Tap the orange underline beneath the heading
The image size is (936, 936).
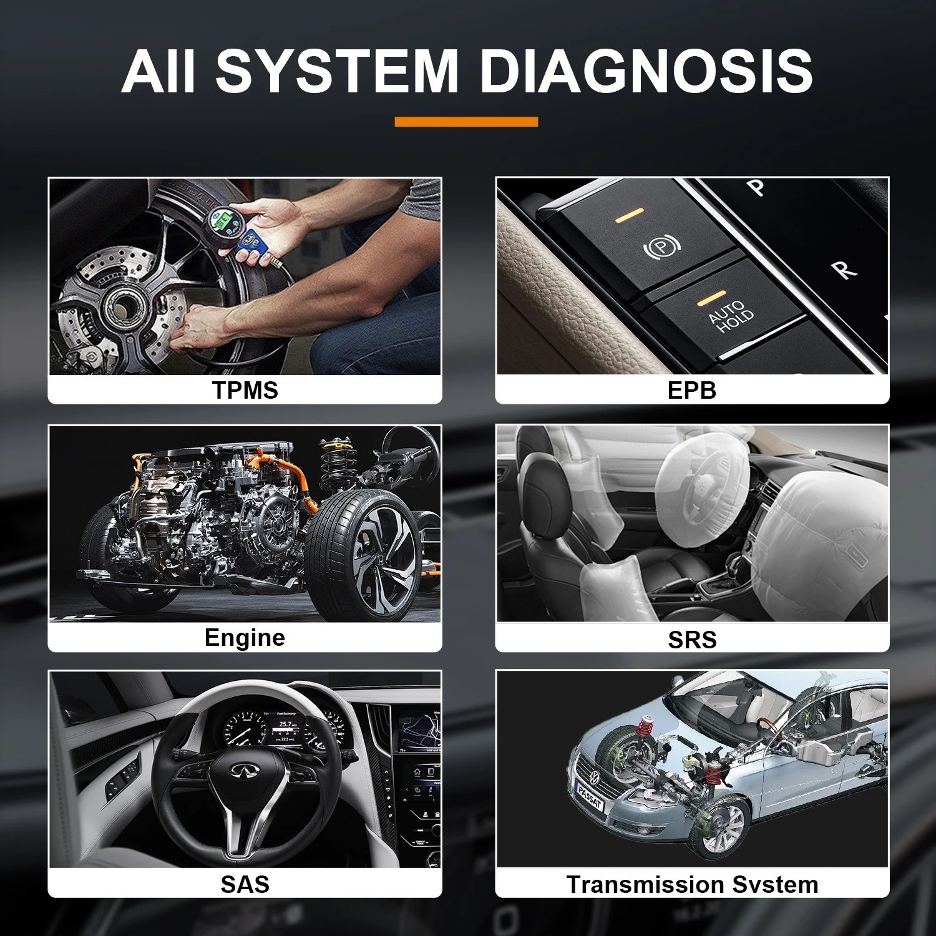[466, 122]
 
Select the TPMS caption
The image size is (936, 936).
[245, 390]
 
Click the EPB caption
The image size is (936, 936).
[691, 390]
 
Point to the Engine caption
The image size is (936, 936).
[245, 637]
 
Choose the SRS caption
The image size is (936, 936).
[691, 639]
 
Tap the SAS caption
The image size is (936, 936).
[245, 884]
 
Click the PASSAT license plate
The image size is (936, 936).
[590, 797]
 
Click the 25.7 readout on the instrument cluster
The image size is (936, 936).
[286, 724]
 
